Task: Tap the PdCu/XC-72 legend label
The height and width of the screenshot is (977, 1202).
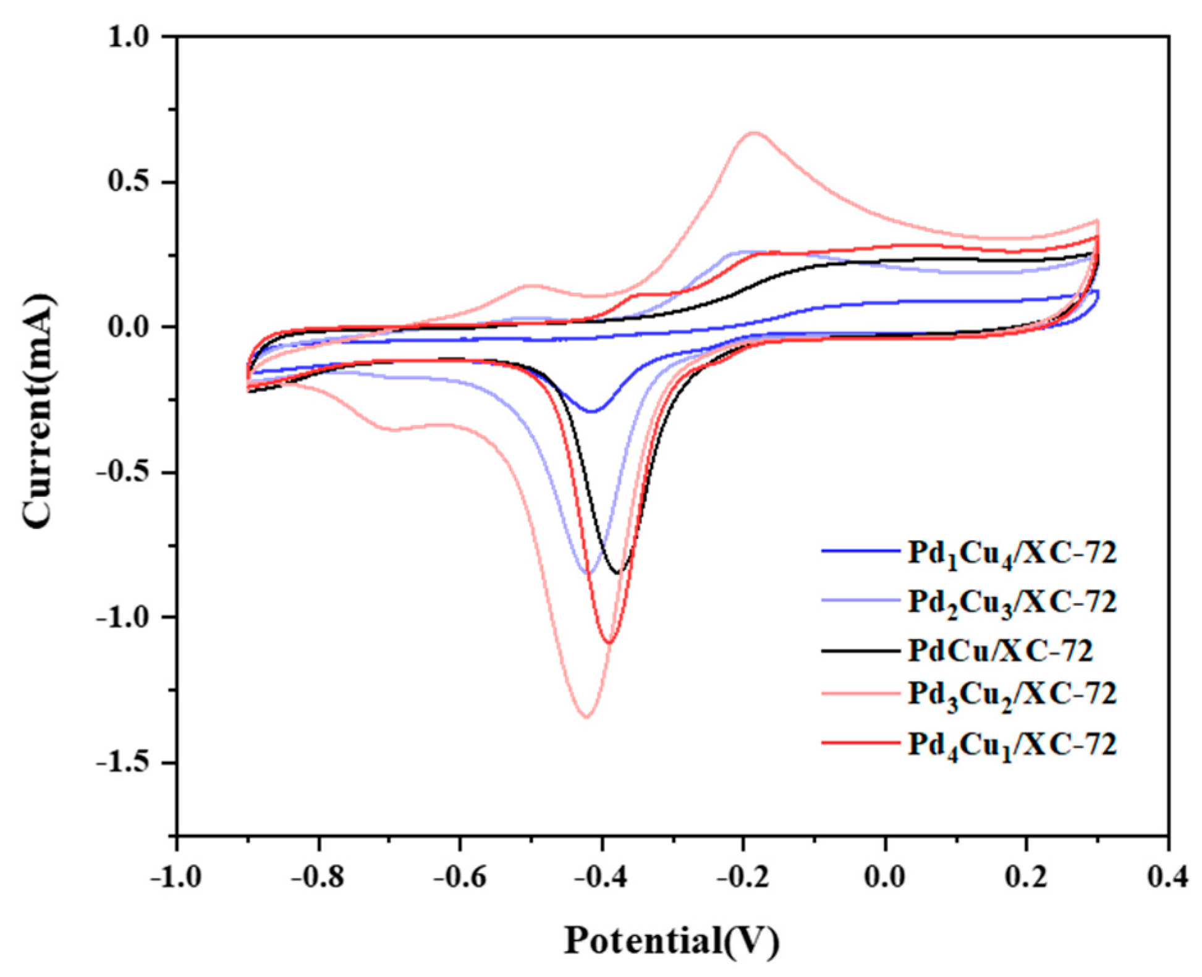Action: click(999, 651)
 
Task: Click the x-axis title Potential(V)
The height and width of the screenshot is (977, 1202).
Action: click(671, 941)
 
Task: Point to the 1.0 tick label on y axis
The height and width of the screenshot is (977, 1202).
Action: click(129, 37)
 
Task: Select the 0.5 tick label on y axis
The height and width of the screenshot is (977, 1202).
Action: click(129, 182)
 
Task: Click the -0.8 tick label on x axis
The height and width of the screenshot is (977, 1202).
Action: click(318, 878)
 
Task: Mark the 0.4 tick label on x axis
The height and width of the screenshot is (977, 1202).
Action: click(1167, 878)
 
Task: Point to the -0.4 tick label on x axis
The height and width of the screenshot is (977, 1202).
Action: click(601, 878)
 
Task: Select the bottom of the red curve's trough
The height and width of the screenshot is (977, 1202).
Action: click(609, 643)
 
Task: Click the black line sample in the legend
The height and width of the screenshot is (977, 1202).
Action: click(860, 651)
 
